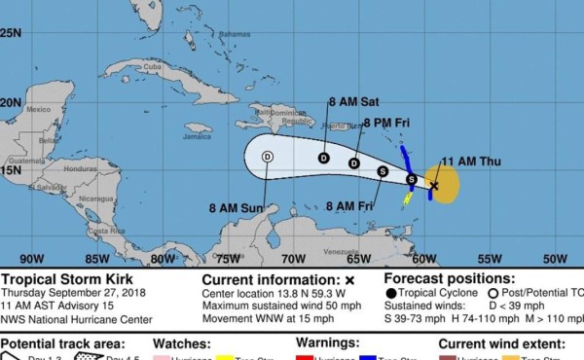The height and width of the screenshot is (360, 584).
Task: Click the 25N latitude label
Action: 11,32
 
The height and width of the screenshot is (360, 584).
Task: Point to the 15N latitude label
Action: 11,170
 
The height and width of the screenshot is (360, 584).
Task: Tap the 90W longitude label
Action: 32,259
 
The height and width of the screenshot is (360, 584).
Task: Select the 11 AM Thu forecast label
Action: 468,161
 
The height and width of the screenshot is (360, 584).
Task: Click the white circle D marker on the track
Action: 267,157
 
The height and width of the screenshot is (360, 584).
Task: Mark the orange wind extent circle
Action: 445,185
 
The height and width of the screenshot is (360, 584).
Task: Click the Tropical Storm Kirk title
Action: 55,278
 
